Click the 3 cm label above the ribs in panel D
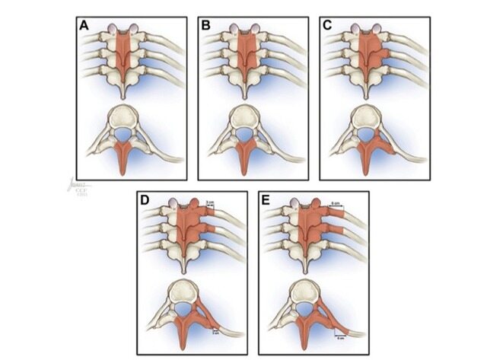210,202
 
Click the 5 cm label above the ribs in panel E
336,203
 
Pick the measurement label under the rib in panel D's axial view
215,330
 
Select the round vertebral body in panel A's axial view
130,118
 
